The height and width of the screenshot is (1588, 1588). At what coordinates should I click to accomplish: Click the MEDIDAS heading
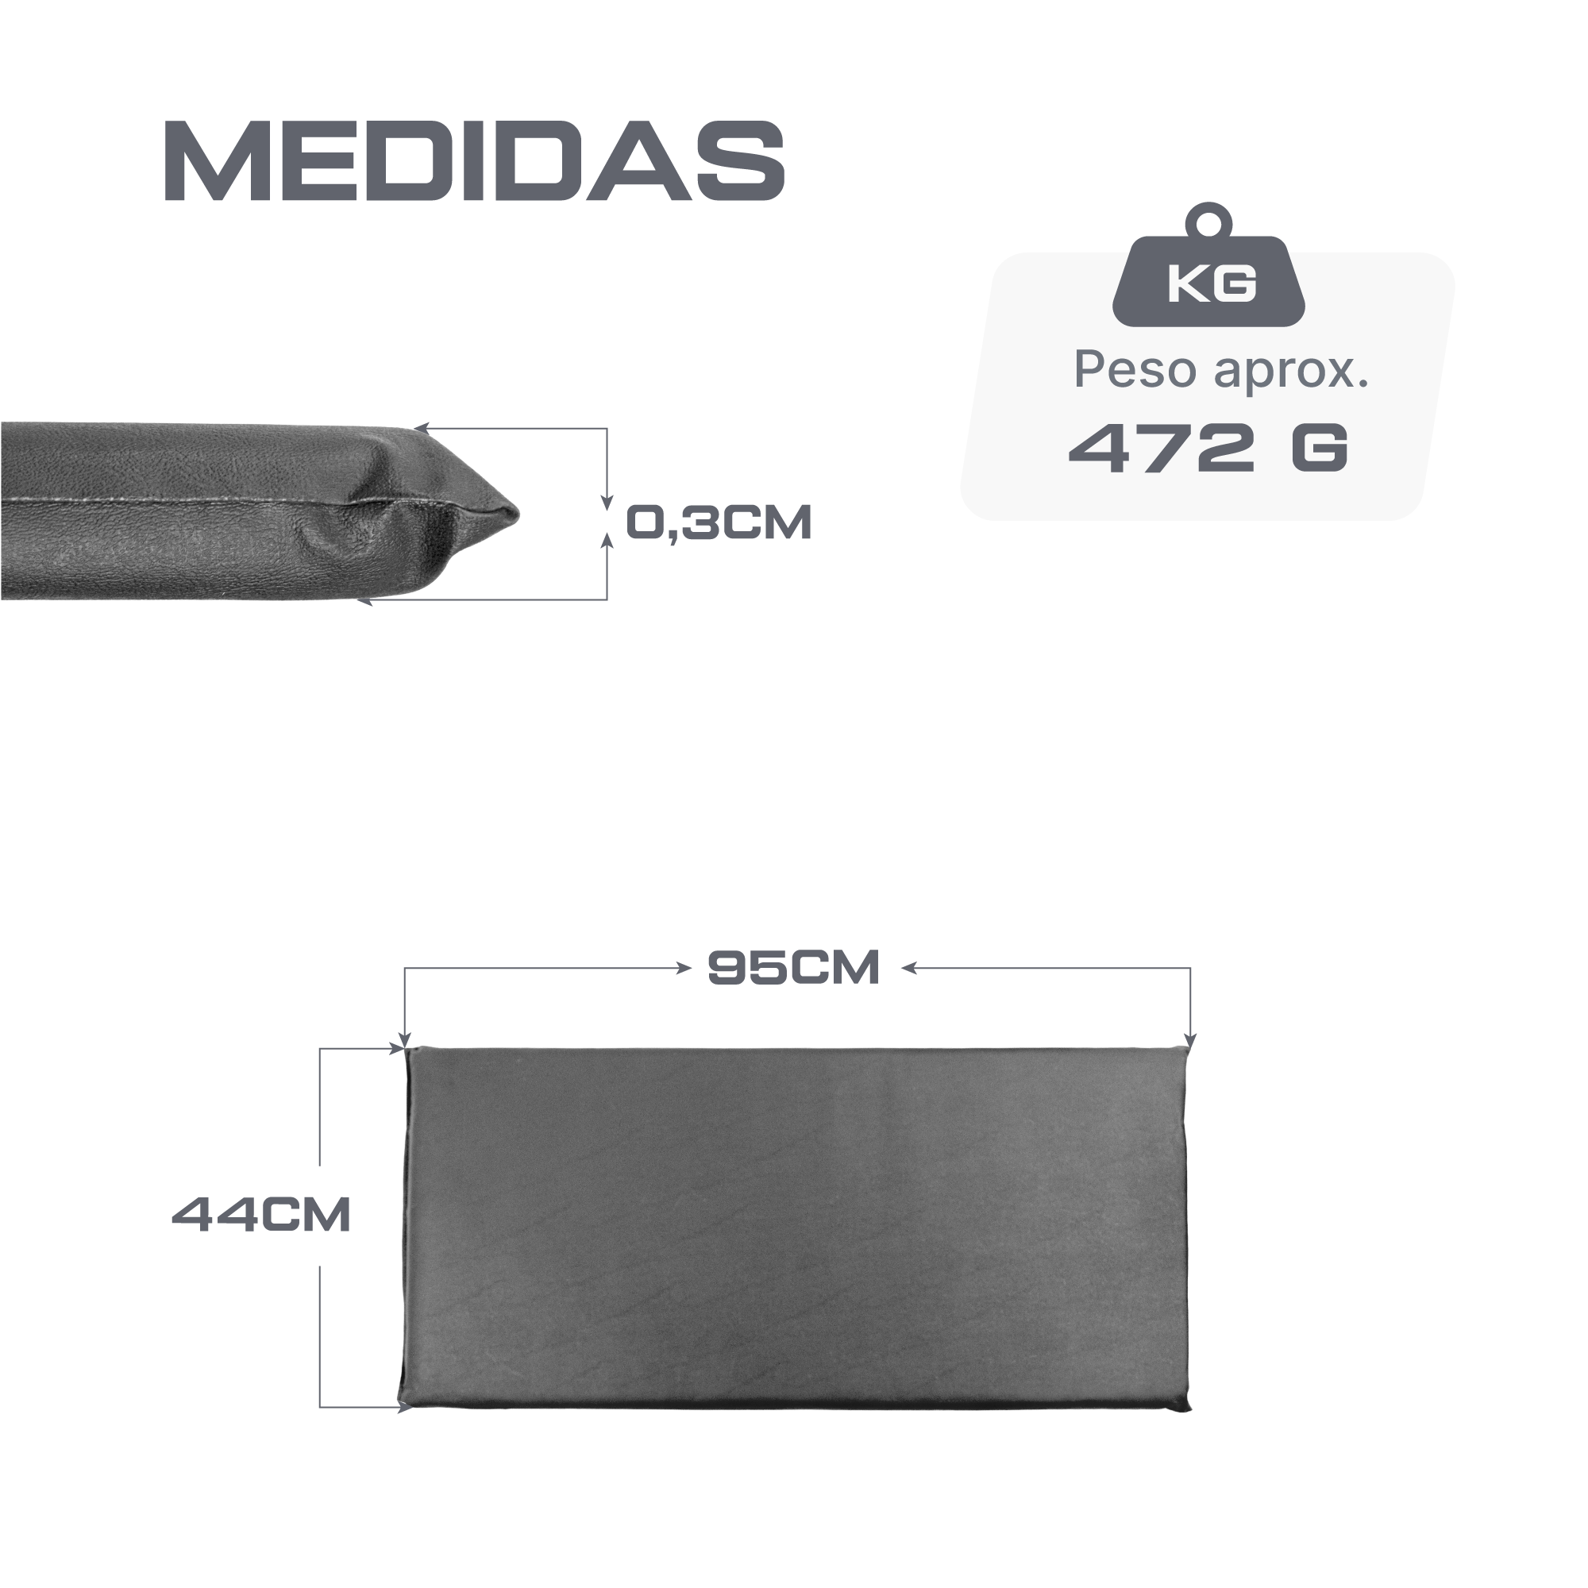click(x=475, y=161)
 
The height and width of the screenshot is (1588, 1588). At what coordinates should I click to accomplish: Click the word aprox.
click(x=1291, y=373)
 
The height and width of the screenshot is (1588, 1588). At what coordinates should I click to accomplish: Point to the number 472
click(x=1162, y=448)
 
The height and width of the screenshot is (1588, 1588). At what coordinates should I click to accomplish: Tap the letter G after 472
click(x=1320, y=448)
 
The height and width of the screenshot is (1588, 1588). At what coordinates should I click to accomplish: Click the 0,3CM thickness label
click(x=719, y=522)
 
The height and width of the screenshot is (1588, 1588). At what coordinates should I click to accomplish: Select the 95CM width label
click(x=794, y=967)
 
